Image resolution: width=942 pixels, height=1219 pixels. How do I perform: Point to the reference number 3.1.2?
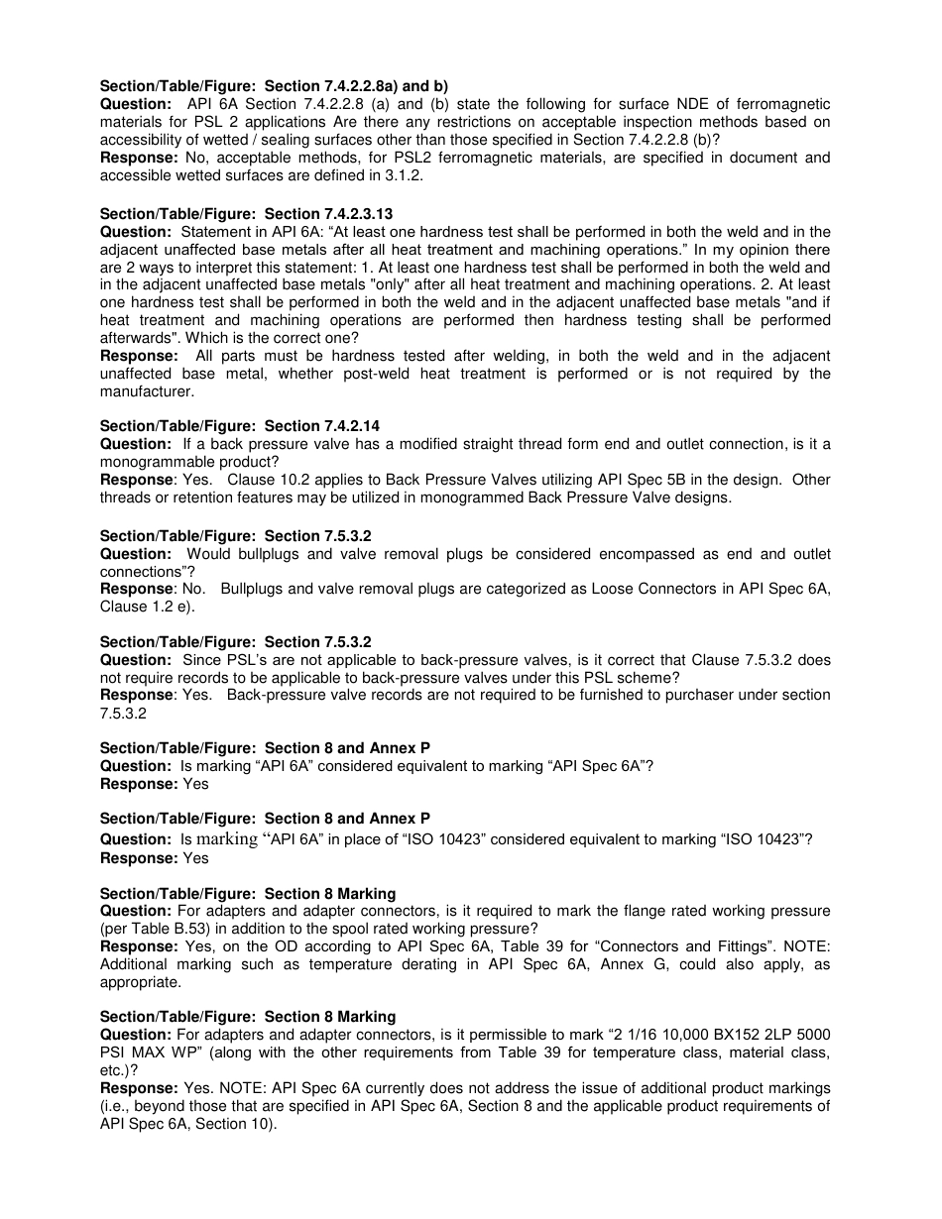coord(419,175)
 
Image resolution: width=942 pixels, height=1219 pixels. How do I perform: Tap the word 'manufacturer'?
coord(147,391)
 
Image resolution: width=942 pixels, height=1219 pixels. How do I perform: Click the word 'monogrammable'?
coord(155,462)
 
